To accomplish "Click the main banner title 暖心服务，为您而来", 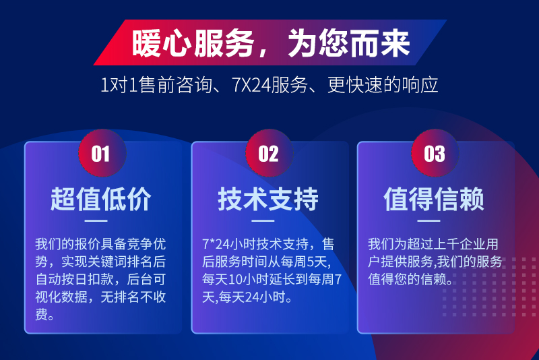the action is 271,43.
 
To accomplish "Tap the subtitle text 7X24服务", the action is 270,85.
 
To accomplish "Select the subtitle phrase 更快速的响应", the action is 383,85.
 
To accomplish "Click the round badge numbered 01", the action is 102,153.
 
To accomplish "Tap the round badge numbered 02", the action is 269,153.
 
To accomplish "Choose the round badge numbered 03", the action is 435,153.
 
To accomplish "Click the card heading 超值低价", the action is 100,199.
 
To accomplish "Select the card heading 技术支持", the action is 268,199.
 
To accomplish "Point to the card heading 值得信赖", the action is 434,199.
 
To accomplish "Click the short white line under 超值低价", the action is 96,220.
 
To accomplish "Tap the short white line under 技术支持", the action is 263,220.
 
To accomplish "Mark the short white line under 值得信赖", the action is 429,220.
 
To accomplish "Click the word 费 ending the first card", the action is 41,314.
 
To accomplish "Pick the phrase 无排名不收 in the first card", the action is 133,297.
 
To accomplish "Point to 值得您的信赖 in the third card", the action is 408,279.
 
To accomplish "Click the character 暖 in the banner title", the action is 146,43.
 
